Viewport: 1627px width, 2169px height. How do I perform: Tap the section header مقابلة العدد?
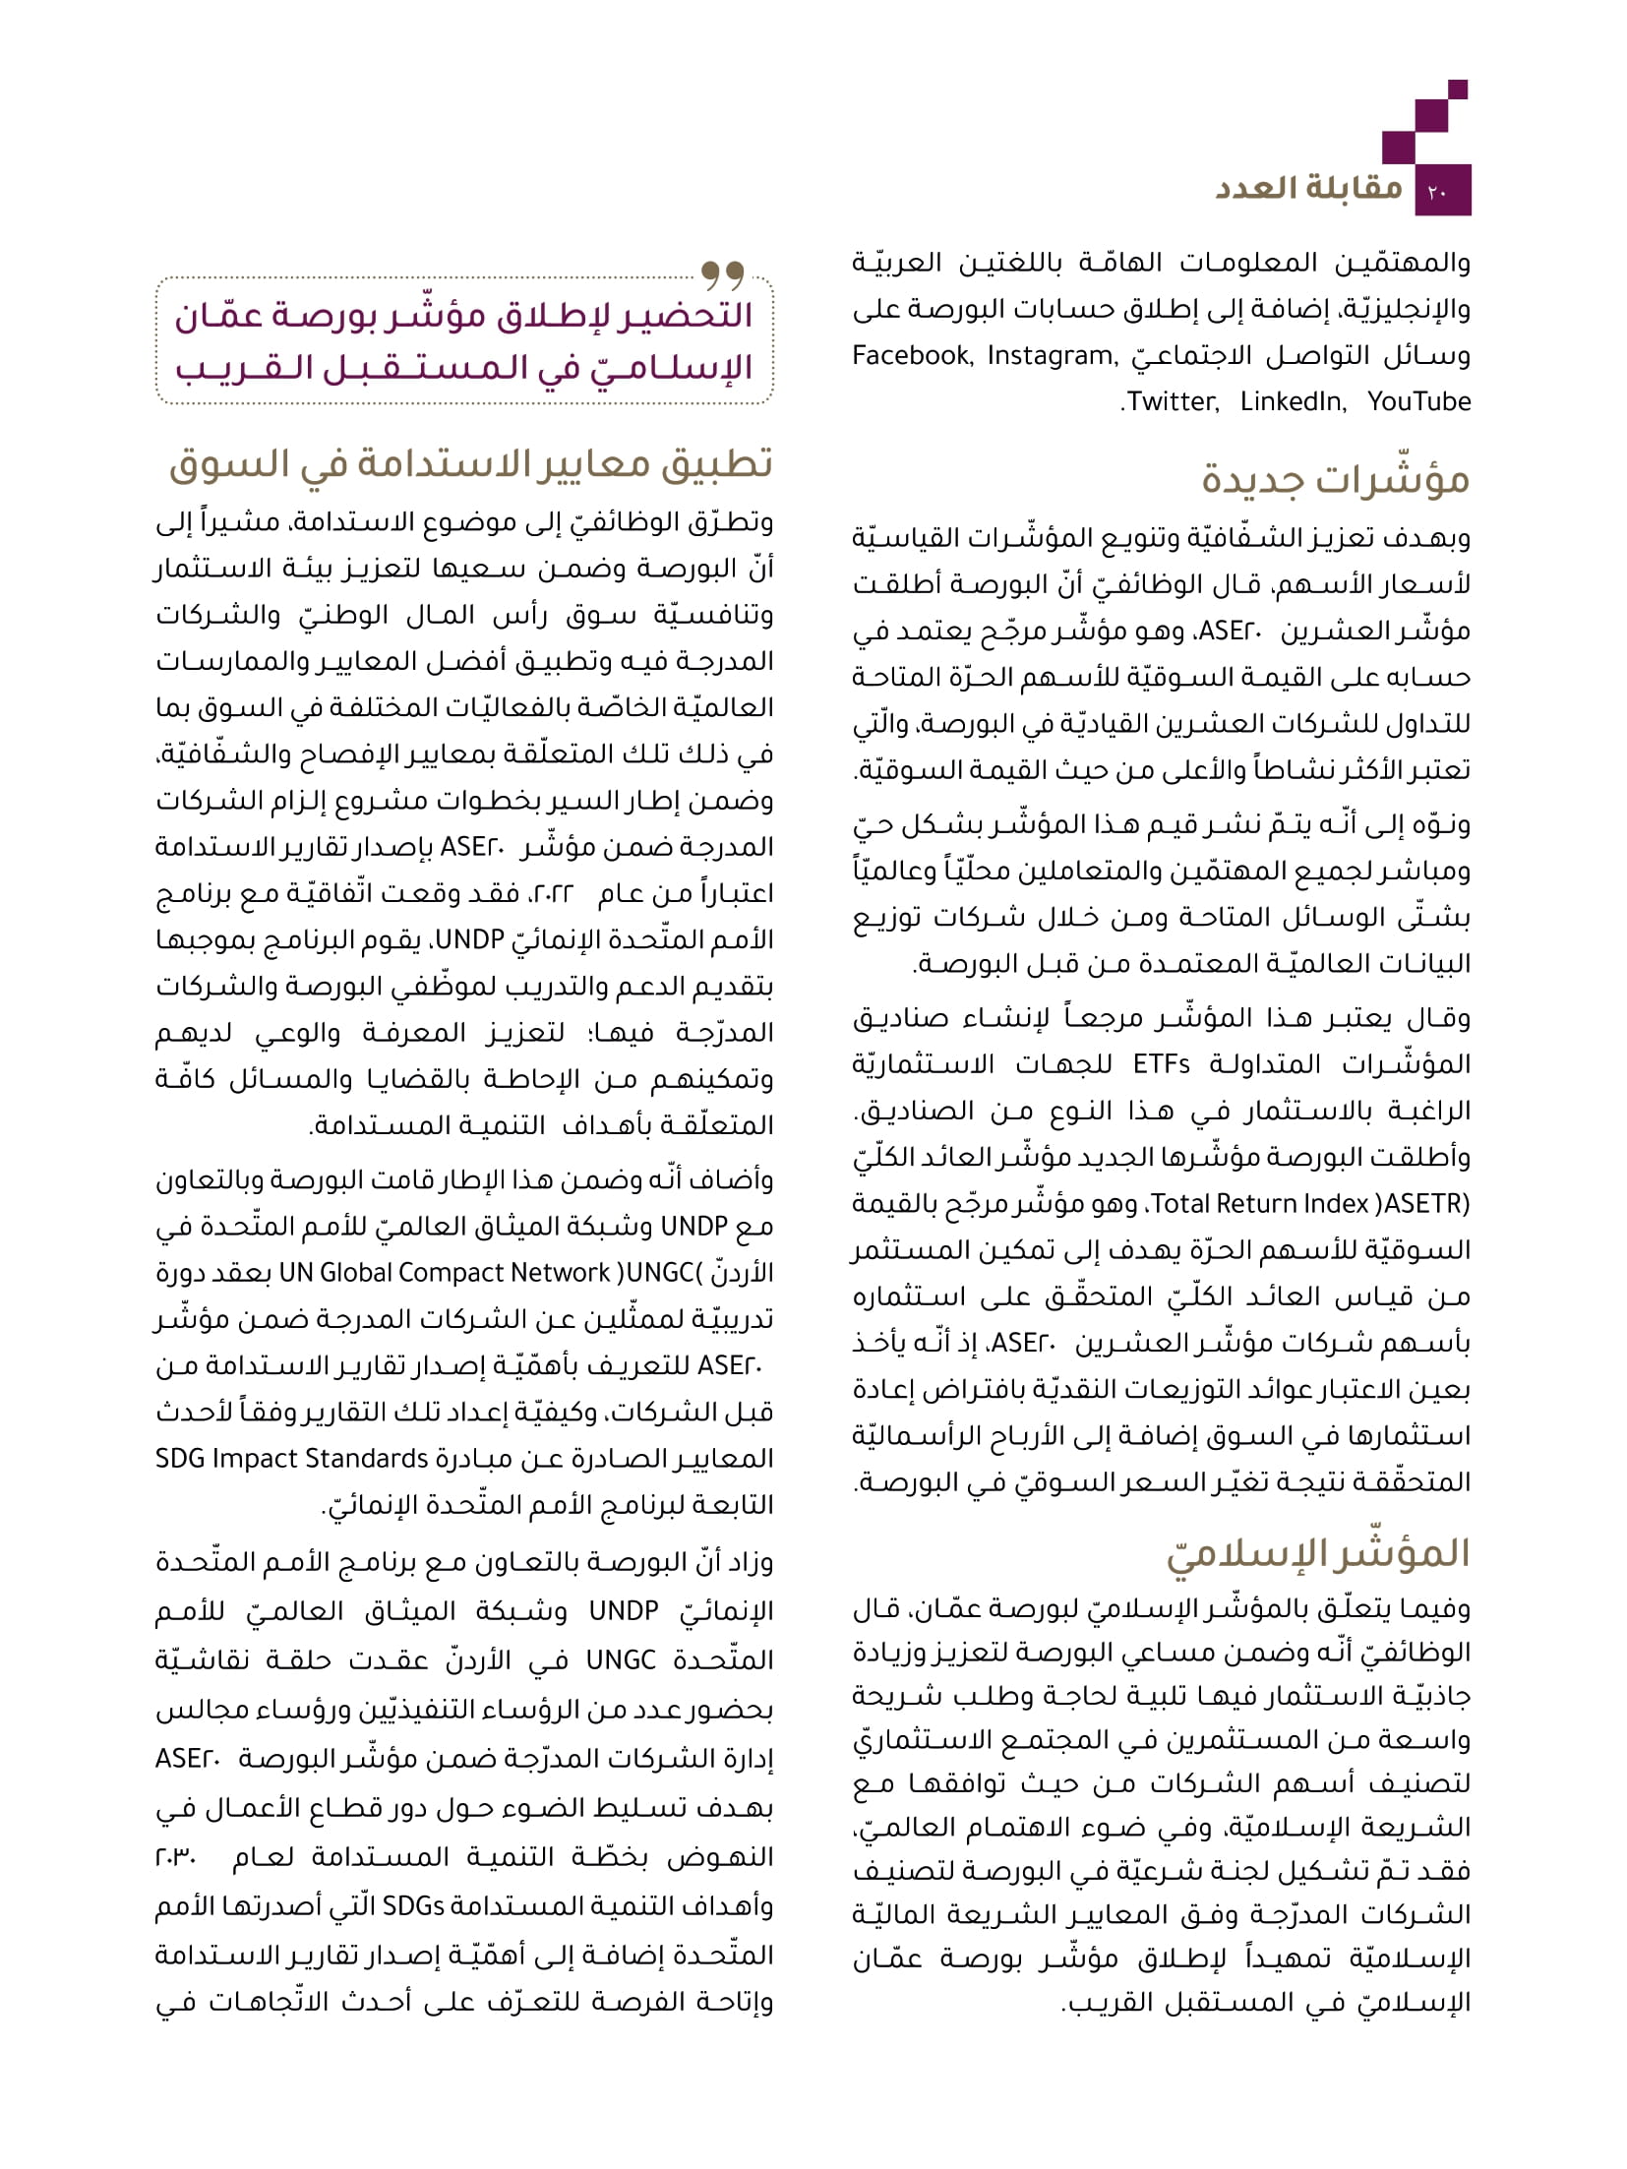point(1308,187)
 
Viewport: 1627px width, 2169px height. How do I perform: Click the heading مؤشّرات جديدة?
point(1335,479)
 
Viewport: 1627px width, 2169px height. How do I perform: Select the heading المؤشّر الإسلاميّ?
point(1318,1553)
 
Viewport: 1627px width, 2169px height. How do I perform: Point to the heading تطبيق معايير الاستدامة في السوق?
point(470,464)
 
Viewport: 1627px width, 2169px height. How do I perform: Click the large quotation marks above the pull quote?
point(722,271)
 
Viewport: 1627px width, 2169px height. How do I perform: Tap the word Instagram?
point(1050,355)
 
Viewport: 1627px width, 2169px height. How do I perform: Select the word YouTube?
point(1418,401)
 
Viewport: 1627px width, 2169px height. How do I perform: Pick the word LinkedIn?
point(1293,401)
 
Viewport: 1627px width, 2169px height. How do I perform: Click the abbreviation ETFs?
point(1162,1063)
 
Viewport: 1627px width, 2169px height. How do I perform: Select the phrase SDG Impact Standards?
point(291,1458)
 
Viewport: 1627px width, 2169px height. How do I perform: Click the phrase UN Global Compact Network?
point(446,1272)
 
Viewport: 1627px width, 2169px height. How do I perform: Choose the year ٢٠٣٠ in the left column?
point(178,1857)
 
